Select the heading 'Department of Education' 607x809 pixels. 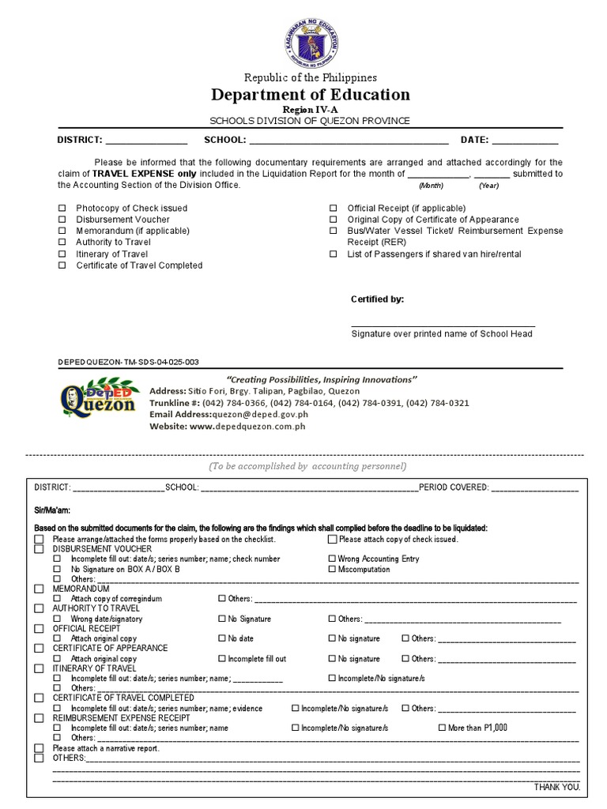(311, 95)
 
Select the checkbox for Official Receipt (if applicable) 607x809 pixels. (334, 209)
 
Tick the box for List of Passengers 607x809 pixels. (334, 254)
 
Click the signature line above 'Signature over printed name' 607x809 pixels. (443, 325)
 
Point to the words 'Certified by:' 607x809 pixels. (377, 299)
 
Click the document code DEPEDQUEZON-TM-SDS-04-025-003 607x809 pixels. (128, 362)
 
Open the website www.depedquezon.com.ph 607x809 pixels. (247, 426)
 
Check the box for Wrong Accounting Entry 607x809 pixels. (332, 559)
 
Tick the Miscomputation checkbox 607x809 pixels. (332, 569)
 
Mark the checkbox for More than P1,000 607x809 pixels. (442, 728)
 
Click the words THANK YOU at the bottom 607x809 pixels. (557, 788)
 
